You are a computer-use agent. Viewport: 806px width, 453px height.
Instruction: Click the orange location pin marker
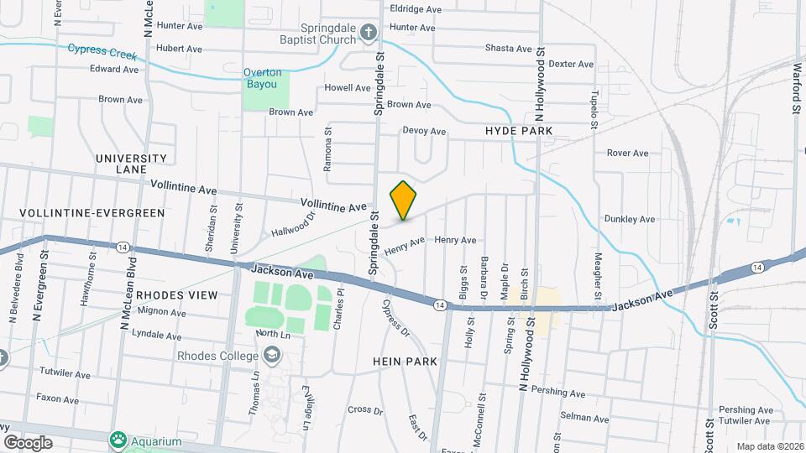(403, 200)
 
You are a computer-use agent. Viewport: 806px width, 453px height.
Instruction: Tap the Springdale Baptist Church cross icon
(368, 33)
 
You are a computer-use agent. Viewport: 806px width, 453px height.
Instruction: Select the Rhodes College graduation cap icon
(271, 357)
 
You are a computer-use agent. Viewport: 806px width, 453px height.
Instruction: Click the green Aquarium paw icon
(119, 440)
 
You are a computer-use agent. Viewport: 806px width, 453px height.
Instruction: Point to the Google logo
(28, 442)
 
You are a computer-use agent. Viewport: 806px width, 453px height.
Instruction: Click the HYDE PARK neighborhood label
(519, 132)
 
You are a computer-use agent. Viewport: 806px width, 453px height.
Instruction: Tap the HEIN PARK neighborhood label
(401, 360)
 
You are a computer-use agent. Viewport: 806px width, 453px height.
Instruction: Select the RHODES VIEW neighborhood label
(176, 295)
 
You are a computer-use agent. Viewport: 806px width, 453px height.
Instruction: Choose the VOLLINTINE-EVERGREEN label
(92, 213)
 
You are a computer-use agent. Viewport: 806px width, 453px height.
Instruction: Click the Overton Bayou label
(263, 78)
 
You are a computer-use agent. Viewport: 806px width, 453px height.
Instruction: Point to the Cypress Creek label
(102, 51)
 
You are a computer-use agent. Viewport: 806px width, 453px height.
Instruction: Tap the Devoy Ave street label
(424, 131)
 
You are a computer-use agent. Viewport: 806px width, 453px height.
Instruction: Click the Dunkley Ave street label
(629, 219)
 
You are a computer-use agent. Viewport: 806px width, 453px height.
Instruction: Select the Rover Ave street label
(628, 154)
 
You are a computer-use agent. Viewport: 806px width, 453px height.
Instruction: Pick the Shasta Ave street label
(509, 49)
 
